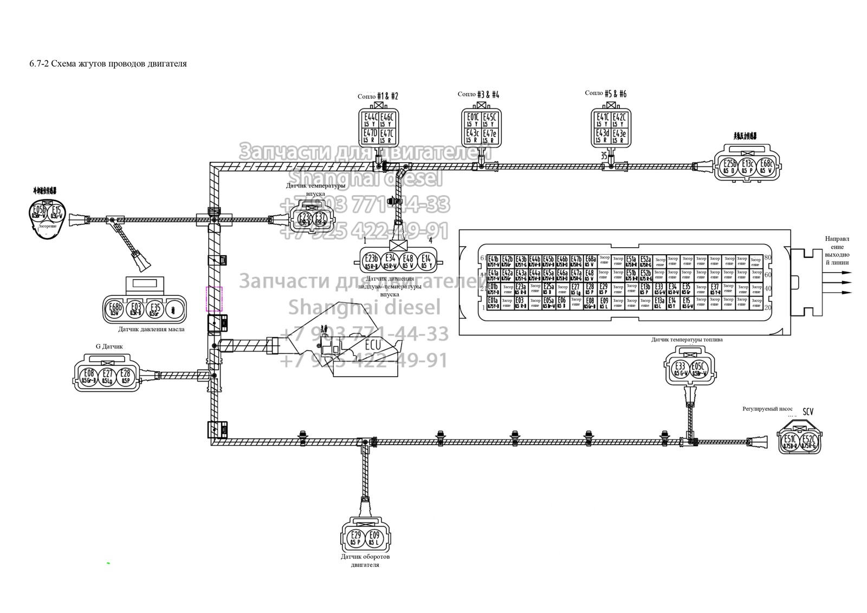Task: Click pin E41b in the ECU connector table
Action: click(493, 261)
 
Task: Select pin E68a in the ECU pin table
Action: click(590, 261)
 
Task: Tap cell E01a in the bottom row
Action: click(493, 303)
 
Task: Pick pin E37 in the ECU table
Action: click(715, 289)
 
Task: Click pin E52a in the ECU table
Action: click(645, 261)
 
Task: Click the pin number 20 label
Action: click(767, 307)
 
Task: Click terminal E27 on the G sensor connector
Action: click(107, 376)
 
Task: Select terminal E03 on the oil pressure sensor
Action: click(136, 309)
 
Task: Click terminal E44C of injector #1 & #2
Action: click(371, 119)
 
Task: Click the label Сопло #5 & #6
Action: click(606, 93)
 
